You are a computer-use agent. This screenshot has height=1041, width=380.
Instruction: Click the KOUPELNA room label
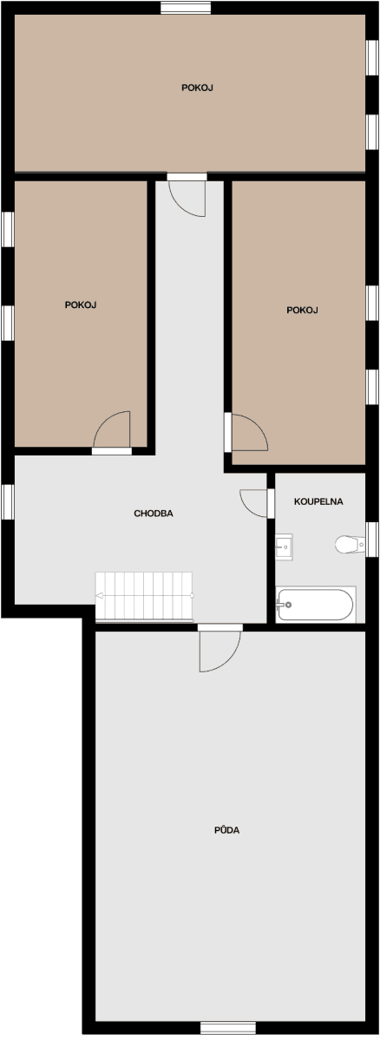(x=318, y=501)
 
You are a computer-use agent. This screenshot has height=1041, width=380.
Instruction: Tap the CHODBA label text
(x=154, y=514)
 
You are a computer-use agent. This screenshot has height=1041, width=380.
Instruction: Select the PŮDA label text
(x=226, y=830)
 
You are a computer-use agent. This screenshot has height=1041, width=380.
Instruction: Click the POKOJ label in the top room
(x=198, y=88)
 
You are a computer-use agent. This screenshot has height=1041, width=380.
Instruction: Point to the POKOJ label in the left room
(x=80, y=304)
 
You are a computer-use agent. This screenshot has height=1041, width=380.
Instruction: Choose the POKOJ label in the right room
(x=303, y=310)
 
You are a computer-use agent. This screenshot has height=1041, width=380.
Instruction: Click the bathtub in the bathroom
(x=315, y=605)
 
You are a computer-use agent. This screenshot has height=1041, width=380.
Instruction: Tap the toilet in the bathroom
(x=350, y=545)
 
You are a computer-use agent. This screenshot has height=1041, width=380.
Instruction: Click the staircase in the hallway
(x=144, y=596)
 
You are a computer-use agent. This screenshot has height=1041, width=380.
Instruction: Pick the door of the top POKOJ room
(x=187, y=196)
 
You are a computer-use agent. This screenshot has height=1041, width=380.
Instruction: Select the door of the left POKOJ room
(x=114, y=430)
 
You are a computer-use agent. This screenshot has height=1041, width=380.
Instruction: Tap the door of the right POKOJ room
(x=247, y=432)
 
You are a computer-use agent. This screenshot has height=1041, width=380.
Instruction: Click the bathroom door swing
(x=255, y=502)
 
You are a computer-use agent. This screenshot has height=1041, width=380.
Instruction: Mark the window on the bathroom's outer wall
(x=372, y=539)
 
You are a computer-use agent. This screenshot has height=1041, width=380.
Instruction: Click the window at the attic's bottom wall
(x=228, y=1028)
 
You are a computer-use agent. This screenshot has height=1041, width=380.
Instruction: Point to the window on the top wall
(x=186, y=8)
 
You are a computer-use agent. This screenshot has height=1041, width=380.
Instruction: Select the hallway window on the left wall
(x=8, y=502)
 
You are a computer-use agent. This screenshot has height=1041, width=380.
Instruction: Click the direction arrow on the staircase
(x=101, y=596)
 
